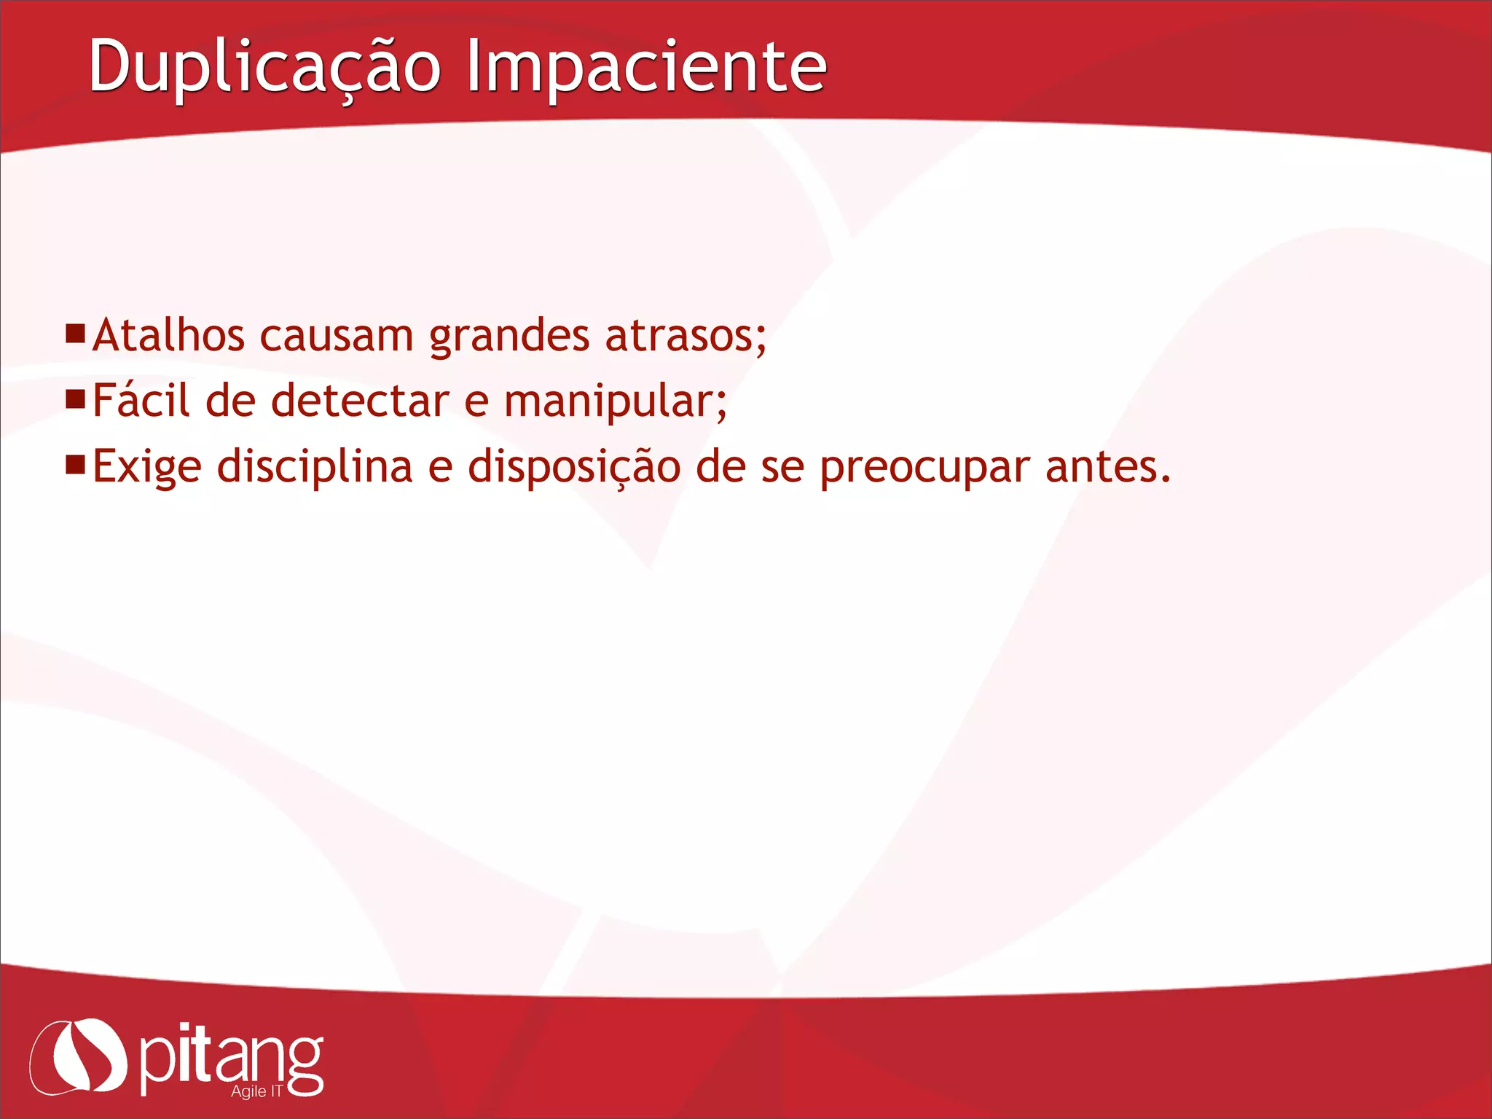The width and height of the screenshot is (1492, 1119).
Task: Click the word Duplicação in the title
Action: click(x=264, y=67)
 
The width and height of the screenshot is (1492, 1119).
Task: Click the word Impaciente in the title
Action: click(x=646, y=67)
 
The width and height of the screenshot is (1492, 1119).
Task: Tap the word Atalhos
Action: click(x=168, y=336)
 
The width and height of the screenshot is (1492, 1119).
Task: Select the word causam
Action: click(x=337, y=336)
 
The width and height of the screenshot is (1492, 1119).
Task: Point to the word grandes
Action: click(x=509, y=337)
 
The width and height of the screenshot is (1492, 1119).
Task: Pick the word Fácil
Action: click(x=141, y=401)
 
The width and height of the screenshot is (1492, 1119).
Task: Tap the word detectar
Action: click(x=360, y=401)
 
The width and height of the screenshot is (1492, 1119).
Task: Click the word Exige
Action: click(x=147, y=467)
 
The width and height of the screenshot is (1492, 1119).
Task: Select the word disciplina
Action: click(x=315, y=467)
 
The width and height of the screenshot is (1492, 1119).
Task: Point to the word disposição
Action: click(x=574, y=467)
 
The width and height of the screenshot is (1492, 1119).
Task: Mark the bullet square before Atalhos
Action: click(x=75, y=334)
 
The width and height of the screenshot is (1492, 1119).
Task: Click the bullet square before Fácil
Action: click(x=75, y=399)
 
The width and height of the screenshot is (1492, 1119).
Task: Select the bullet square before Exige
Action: click(x=75, y=465)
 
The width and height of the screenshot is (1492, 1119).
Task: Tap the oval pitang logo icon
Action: click(x=79, y=1056)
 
